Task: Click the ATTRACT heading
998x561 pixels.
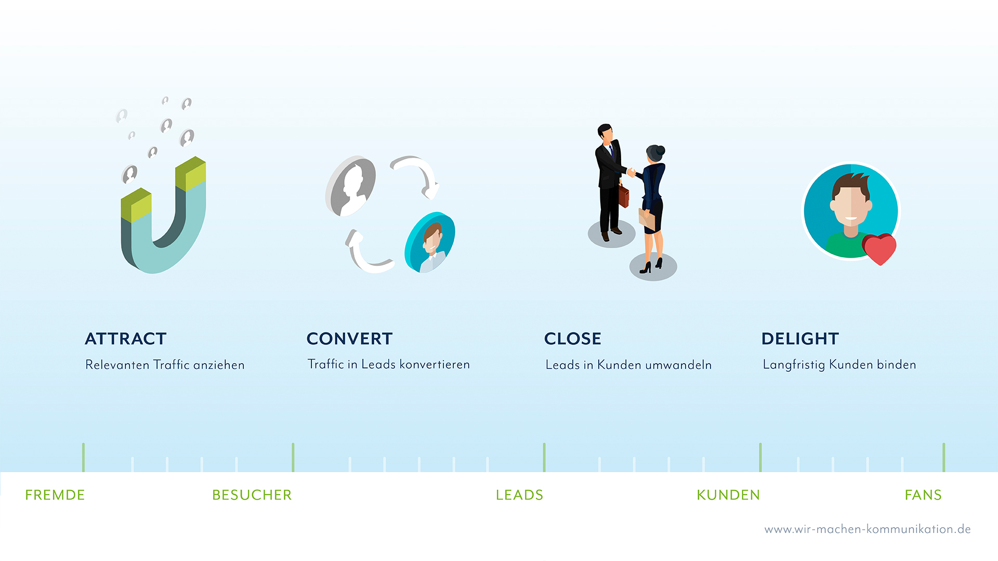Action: click(126, 339)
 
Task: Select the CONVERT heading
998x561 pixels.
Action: click(349, 339)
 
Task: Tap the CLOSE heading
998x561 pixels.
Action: click(573, 339)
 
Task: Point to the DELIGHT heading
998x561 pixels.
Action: click(800, 339)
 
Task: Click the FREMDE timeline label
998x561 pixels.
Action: click(55, 495)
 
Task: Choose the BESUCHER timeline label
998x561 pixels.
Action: click(252, 495)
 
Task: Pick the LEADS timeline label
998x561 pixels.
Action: click(520, 495)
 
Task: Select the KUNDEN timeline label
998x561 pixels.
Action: click(728, 495)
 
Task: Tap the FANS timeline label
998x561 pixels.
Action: click(923, 495)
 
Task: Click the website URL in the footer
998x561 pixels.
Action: click(868, 529)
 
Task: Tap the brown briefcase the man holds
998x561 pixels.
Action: click(623, 195)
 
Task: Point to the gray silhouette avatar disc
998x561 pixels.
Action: click(350, 186)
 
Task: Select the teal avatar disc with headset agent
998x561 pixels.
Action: click(430, 242)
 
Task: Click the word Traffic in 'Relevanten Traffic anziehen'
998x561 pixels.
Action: click(172, 365)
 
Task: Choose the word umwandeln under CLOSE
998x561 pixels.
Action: click(678, 365)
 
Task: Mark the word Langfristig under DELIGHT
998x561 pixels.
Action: click(794, 365)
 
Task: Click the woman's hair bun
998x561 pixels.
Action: click(661, 151)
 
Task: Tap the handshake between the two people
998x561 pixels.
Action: click(631, 171)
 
